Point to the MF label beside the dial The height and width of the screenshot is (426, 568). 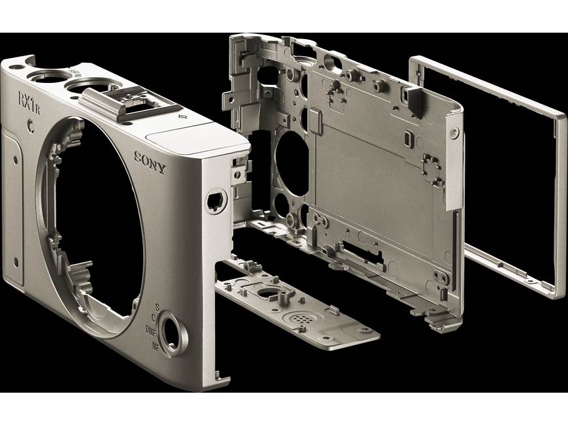coord(154,344)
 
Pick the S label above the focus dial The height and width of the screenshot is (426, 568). coord(158,306)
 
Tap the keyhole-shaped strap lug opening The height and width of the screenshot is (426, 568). coord(213,201)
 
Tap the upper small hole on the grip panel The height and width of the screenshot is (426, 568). coord(14,158)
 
